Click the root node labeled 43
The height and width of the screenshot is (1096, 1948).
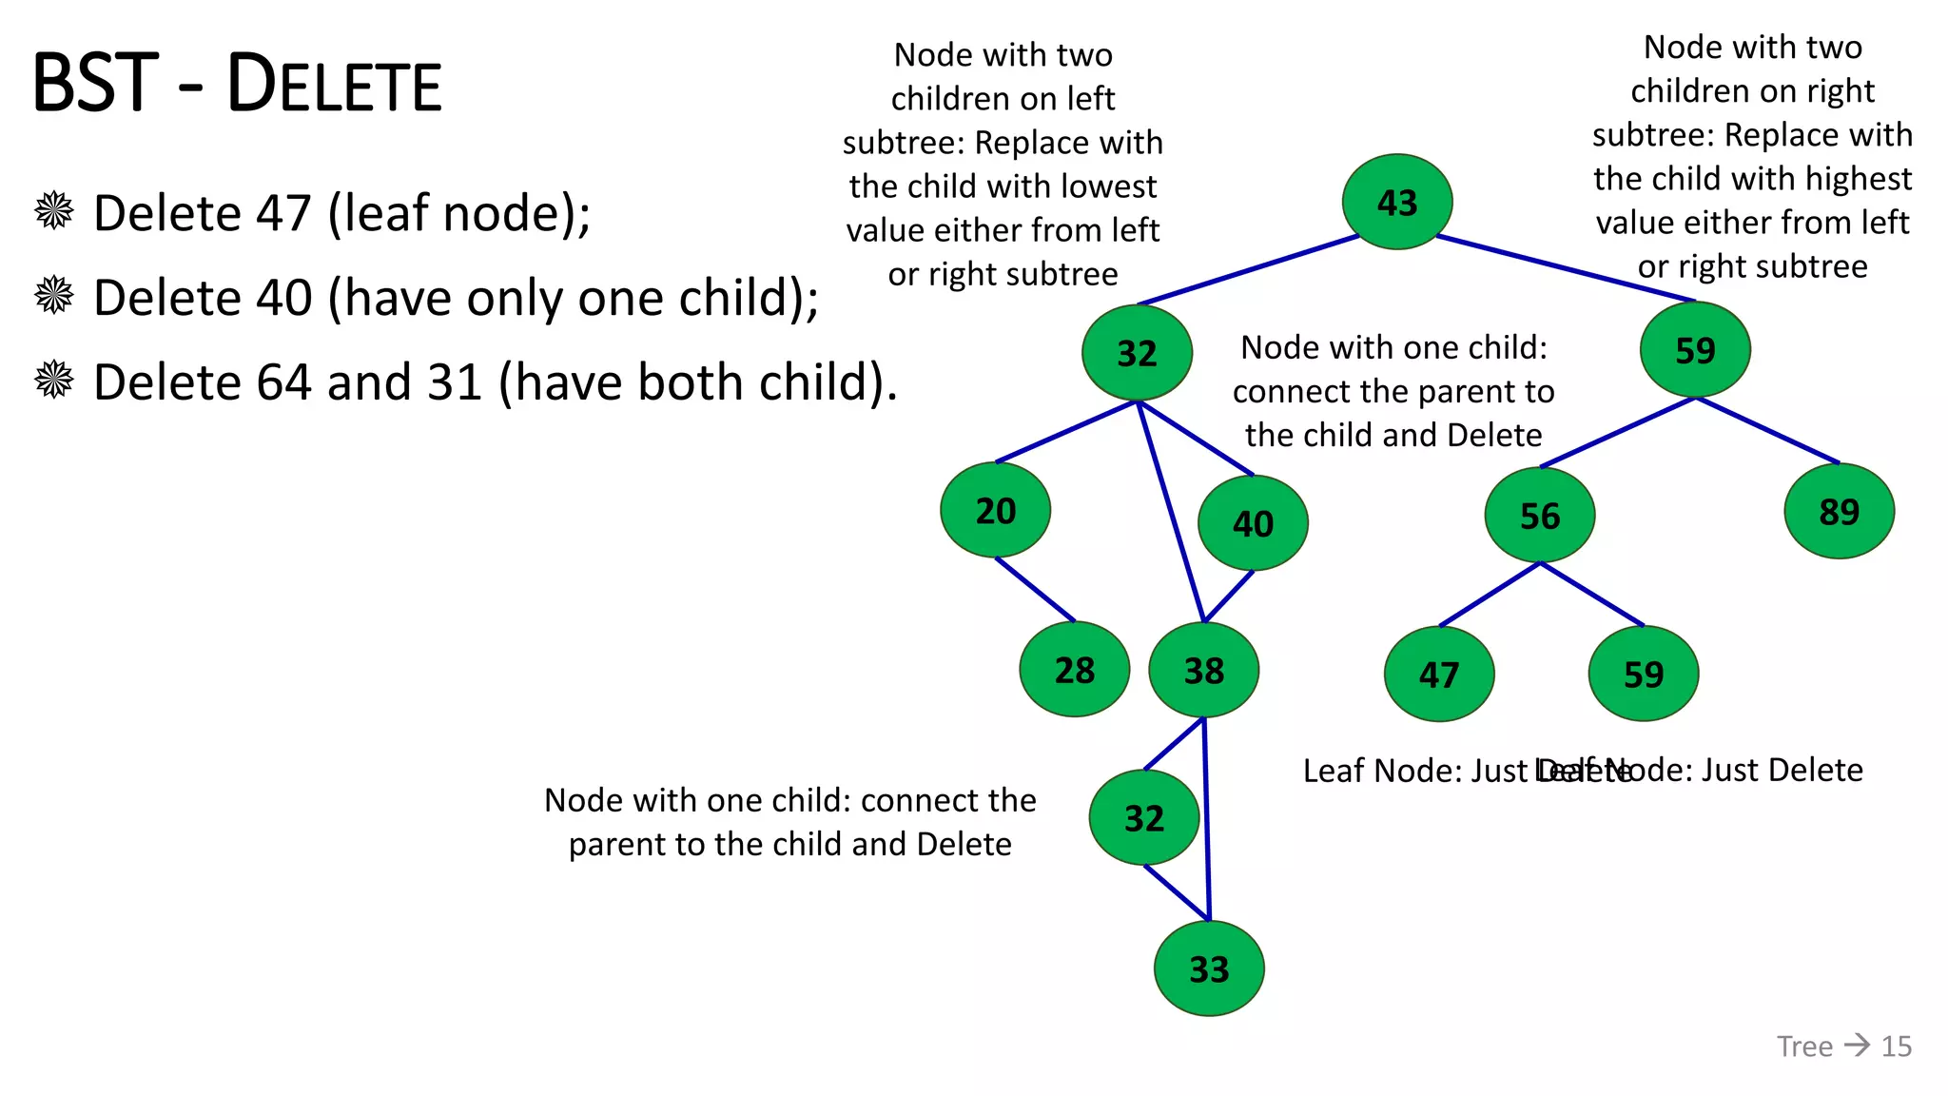coord(1396,202)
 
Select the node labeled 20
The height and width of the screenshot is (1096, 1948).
coord(995,510)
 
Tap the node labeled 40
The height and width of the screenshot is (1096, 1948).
coord(1253,523)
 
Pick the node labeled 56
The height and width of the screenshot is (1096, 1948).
coord(1539,516)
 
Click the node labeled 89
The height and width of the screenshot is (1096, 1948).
coord(1839,512)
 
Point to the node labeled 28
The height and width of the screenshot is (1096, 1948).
coord(1074,670)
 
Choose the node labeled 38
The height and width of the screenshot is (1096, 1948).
coord(1203,671)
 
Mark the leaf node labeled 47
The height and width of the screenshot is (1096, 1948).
coord(1438,675)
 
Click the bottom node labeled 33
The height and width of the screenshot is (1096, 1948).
coord(1208,969)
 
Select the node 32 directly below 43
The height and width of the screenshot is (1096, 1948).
coord(1137,353)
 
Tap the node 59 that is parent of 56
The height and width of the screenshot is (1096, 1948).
coord(1695,350)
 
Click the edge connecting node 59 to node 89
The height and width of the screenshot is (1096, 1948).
coord(1767,431)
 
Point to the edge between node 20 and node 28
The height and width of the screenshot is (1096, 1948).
coord(1035,590)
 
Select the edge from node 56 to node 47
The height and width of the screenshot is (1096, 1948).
coord(1490,595)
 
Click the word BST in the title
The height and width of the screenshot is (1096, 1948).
coord(95,84)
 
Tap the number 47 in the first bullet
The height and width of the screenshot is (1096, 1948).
coord(283,213)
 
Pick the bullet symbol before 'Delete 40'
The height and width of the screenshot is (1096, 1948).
coord(54,296)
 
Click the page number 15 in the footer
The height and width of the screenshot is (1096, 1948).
coord(1896,1047)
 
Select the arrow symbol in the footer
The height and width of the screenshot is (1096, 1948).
coord(1857,1046)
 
